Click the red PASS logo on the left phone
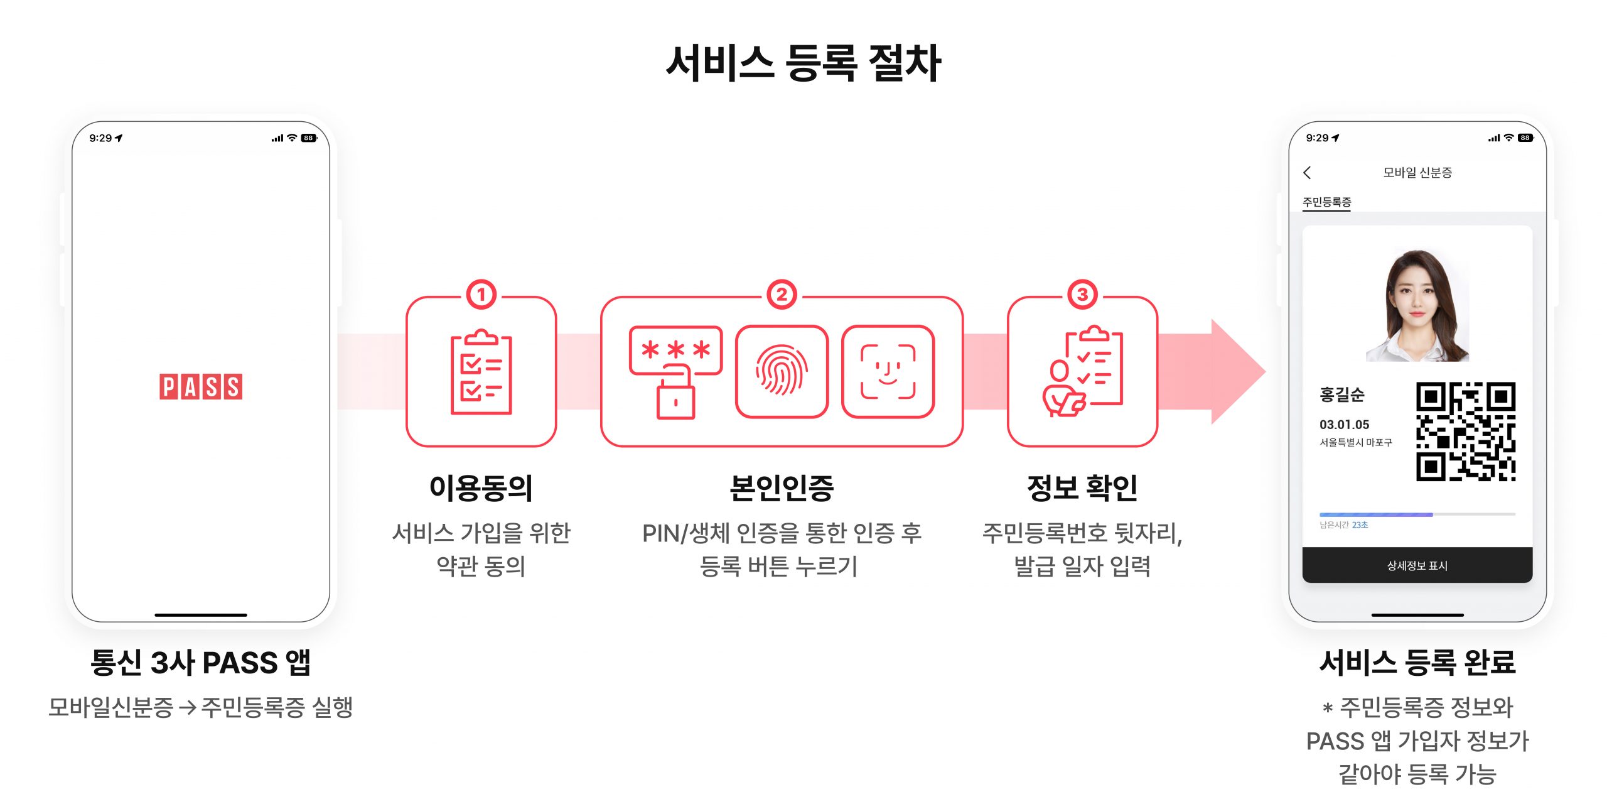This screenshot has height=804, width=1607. [x=201, y=387]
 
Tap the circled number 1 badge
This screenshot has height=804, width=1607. [x=481, y=295]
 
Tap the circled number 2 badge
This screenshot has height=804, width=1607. [x=782, y=295]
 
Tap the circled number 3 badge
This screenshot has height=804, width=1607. [x=1083, y=295]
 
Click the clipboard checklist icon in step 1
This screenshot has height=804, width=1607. [x=481, y=372]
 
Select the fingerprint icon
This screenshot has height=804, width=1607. [x=782, y=371]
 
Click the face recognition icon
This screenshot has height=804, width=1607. [x=888, y=371]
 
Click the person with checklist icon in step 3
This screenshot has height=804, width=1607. [x=1083, y=371]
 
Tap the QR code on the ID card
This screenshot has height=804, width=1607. [x=1466, y=432]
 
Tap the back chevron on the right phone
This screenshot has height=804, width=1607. [x=1308, y=173]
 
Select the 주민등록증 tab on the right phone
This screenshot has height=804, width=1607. [x=1326, y=202]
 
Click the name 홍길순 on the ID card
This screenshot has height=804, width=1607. [x=1342, y=394]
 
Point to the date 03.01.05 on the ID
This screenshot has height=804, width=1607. [x=1344, y=425]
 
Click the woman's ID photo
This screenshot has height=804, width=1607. [x=1417, y=305]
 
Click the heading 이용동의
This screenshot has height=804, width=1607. [x=481, y=488]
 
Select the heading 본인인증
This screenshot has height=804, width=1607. [x=782, y=488]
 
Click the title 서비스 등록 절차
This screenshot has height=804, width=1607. [x=803, y=63]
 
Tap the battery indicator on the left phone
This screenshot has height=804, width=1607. [x=309, y=138]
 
